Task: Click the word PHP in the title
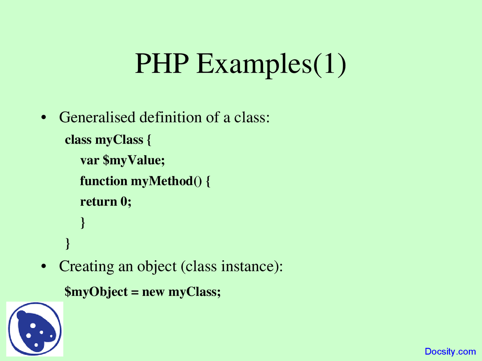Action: click(x=162, y=64)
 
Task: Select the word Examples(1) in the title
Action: click(x=271, y=64)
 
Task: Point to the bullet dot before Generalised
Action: click(x=44, y=118)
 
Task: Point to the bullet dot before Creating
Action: click(x=44, y=267)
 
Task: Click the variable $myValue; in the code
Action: click(x=134, y=161)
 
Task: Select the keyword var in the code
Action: click(x=89, y=161)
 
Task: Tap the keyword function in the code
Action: click(x=104, y=181)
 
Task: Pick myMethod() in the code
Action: click(x=166, y=181)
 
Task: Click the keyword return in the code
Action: click(x=99, y=202)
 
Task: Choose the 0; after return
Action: click(x=126, y=202)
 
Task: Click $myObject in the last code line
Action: click(x=96, y=292)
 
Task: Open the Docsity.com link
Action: click(x=450, y=352)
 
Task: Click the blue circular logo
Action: click(x=35, y=329)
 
